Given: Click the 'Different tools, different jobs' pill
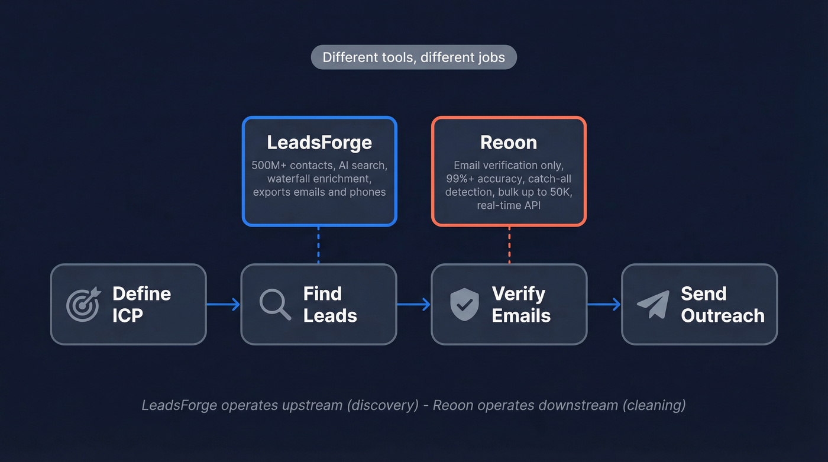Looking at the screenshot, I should (413, 57).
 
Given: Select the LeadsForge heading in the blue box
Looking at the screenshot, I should (319, 143).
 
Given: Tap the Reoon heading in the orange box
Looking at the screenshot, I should (509, 143).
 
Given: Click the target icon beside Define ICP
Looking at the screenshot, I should (83, 305).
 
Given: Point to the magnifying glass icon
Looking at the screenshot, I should (275, 305).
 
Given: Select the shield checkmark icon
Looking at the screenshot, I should (464, 305).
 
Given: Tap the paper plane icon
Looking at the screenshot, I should (654, 305).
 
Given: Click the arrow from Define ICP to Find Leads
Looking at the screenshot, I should (224, 305).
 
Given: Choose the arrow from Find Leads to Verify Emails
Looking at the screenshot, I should (414, 305).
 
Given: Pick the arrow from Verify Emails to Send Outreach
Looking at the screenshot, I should (604, 305).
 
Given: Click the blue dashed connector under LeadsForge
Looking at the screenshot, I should (318, 245).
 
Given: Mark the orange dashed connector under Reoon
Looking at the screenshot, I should (509, 245).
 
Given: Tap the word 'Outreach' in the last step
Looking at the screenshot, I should (722, 316).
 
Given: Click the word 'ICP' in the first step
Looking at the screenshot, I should (128, 316).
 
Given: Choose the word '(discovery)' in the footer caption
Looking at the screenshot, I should (385, 405).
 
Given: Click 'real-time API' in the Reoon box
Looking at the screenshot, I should (509, 205).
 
